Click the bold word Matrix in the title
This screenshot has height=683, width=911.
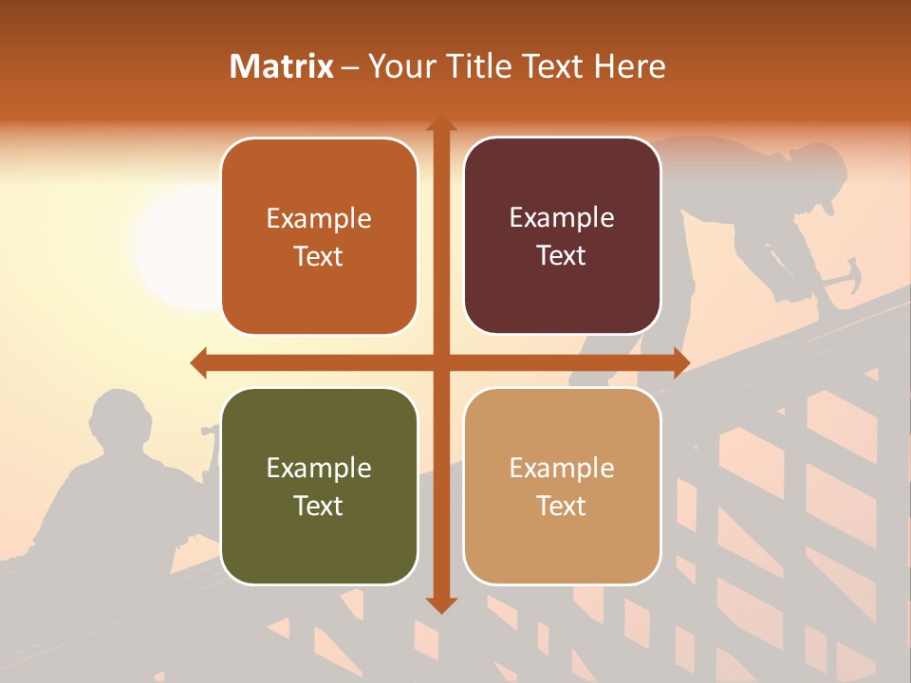pos(282,66)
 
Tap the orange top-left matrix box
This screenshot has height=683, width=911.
pos(319,237)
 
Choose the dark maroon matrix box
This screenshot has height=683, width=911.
pos(562,236)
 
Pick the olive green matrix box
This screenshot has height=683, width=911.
pos(319,486)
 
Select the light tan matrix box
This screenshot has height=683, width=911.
pos(562,486)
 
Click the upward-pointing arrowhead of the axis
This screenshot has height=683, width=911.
pos(440,124)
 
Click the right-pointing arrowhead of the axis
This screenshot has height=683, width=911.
pos(680,362)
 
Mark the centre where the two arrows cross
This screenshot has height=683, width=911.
pos(440,362)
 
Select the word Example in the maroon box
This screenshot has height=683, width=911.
pos(562,218)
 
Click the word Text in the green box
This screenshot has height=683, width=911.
pos(319,506)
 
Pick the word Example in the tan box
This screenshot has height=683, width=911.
pos(562,468)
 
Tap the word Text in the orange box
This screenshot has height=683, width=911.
pos(319,257)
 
